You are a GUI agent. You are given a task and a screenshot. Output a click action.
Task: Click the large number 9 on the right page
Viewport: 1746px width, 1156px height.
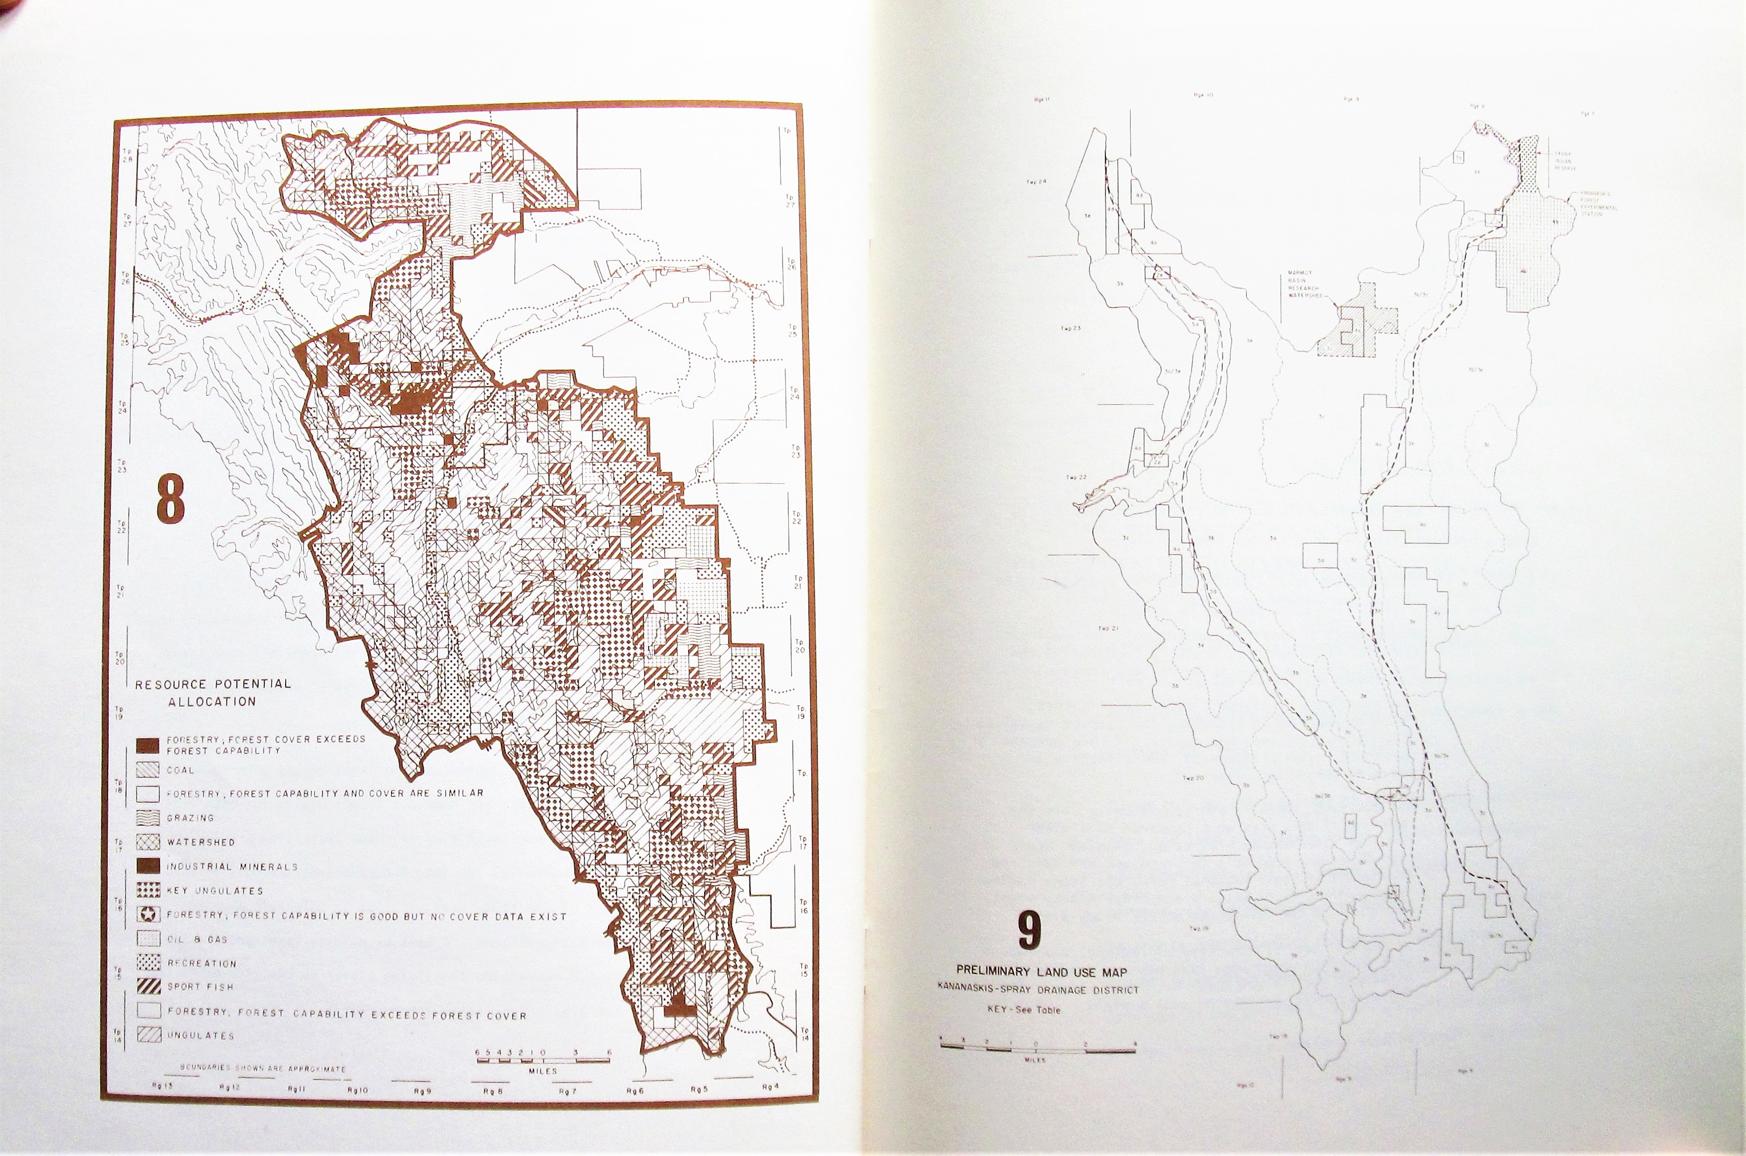click(x=1030, y=932)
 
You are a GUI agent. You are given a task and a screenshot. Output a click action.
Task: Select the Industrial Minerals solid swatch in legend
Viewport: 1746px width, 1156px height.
click(x=148, y=866)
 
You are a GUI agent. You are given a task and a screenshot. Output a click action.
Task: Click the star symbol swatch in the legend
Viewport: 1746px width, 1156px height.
click(x=148, y=915)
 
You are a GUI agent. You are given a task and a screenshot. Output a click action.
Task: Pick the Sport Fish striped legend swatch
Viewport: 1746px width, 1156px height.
click(x=148, y=987)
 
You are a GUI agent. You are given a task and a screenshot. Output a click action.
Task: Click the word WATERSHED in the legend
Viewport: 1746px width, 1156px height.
click(x=200, y=842)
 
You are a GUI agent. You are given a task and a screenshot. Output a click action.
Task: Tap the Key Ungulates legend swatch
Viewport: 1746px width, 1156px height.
click(x=148, y=890)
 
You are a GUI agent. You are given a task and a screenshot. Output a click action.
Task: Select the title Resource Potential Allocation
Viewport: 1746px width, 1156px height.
click(x=212, y=692)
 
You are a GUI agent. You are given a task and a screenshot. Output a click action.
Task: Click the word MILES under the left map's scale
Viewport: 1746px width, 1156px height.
click(x=543, y=1071)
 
